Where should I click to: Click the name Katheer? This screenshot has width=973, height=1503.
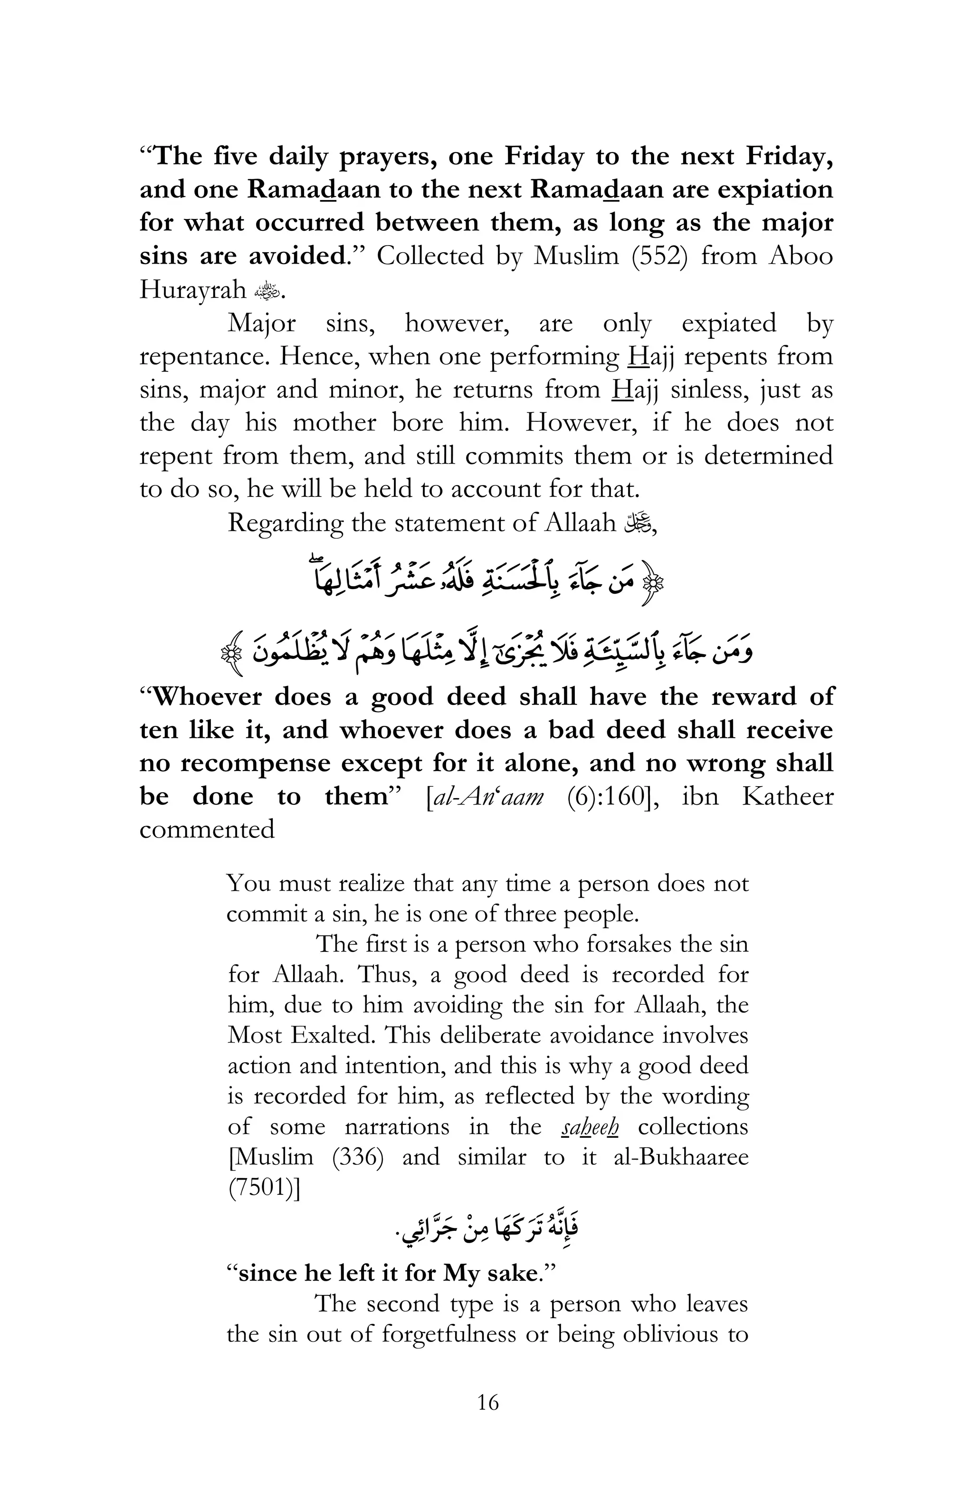click(x=787, y=797)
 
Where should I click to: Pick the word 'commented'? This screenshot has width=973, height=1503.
click(x=207, y=830)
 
